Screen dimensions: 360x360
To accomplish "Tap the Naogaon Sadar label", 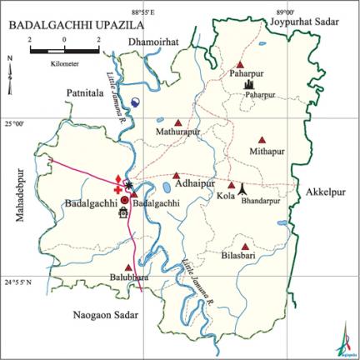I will (104, 316).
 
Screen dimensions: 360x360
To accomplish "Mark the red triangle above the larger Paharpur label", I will (240, 64).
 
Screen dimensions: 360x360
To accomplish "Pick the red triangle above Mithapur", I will (262, 139).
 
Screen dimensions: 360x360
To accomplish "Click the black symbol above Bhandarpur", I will (242, 189).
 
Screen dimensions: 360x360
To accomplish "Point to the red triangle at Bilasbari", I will (246, 246).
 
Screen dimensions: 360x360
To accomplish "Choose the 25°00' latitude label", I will (13, 122).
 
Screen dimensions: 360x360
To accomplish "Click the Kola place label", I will (225, 196).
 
